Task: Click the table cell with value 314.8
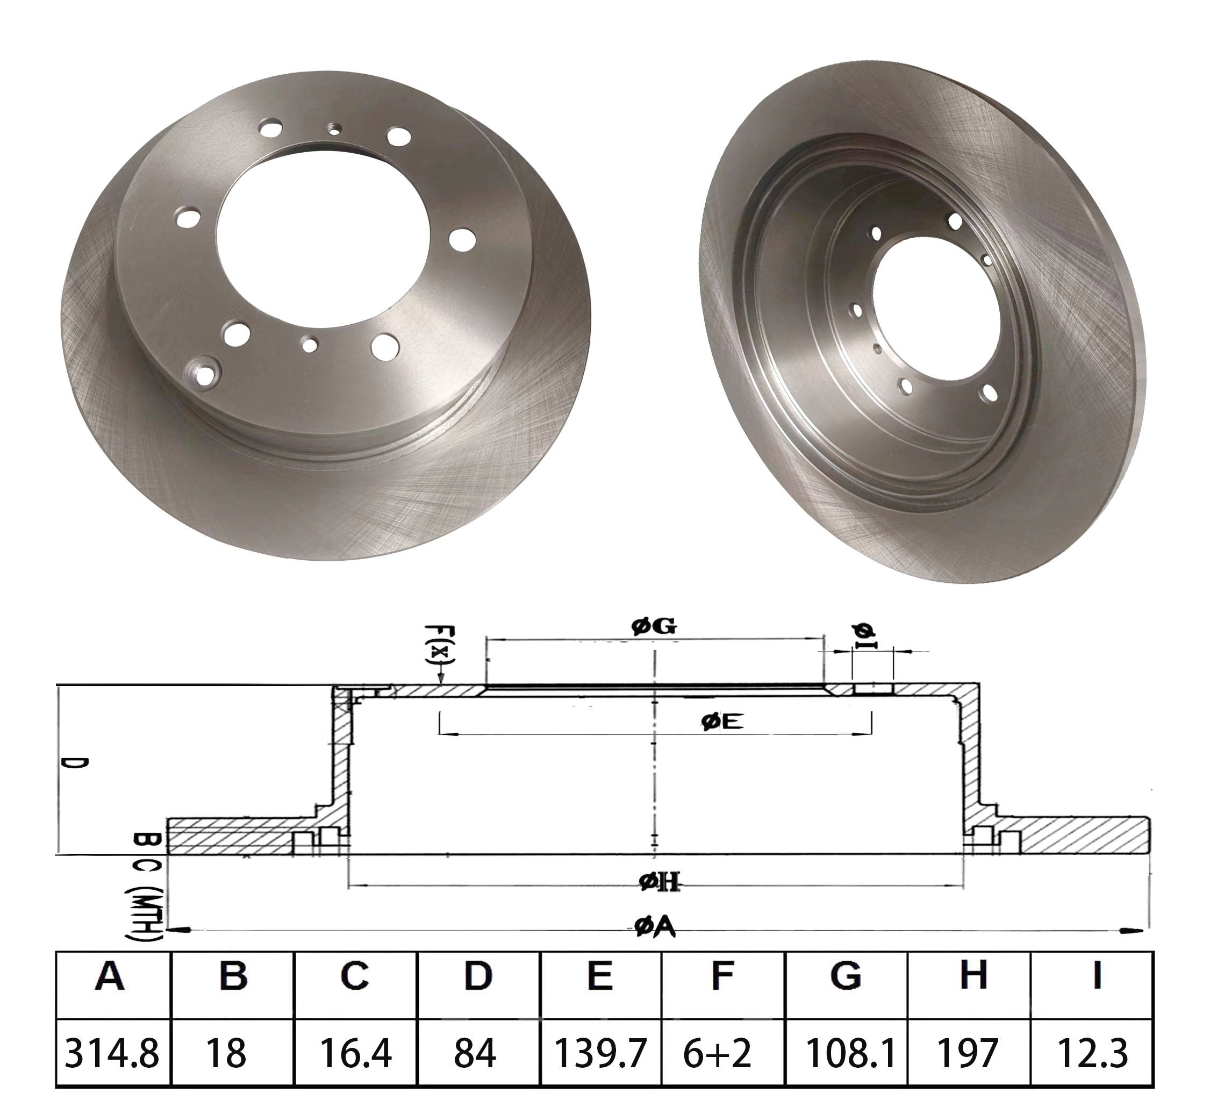[112, 1054]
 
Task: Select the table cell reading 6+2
[717, 1054]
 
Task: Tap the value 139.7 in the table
[600, 1054]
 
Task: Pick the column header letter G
[845, 976]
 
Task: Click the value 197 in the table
[967, 1054]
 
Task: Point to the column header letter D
[478, 976]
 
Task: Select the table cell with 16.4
[355, 1054]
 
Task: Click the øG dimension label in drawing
[654, 627]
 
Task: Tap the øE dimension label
[722, 722]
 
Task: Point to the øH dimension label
[659, 883]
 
